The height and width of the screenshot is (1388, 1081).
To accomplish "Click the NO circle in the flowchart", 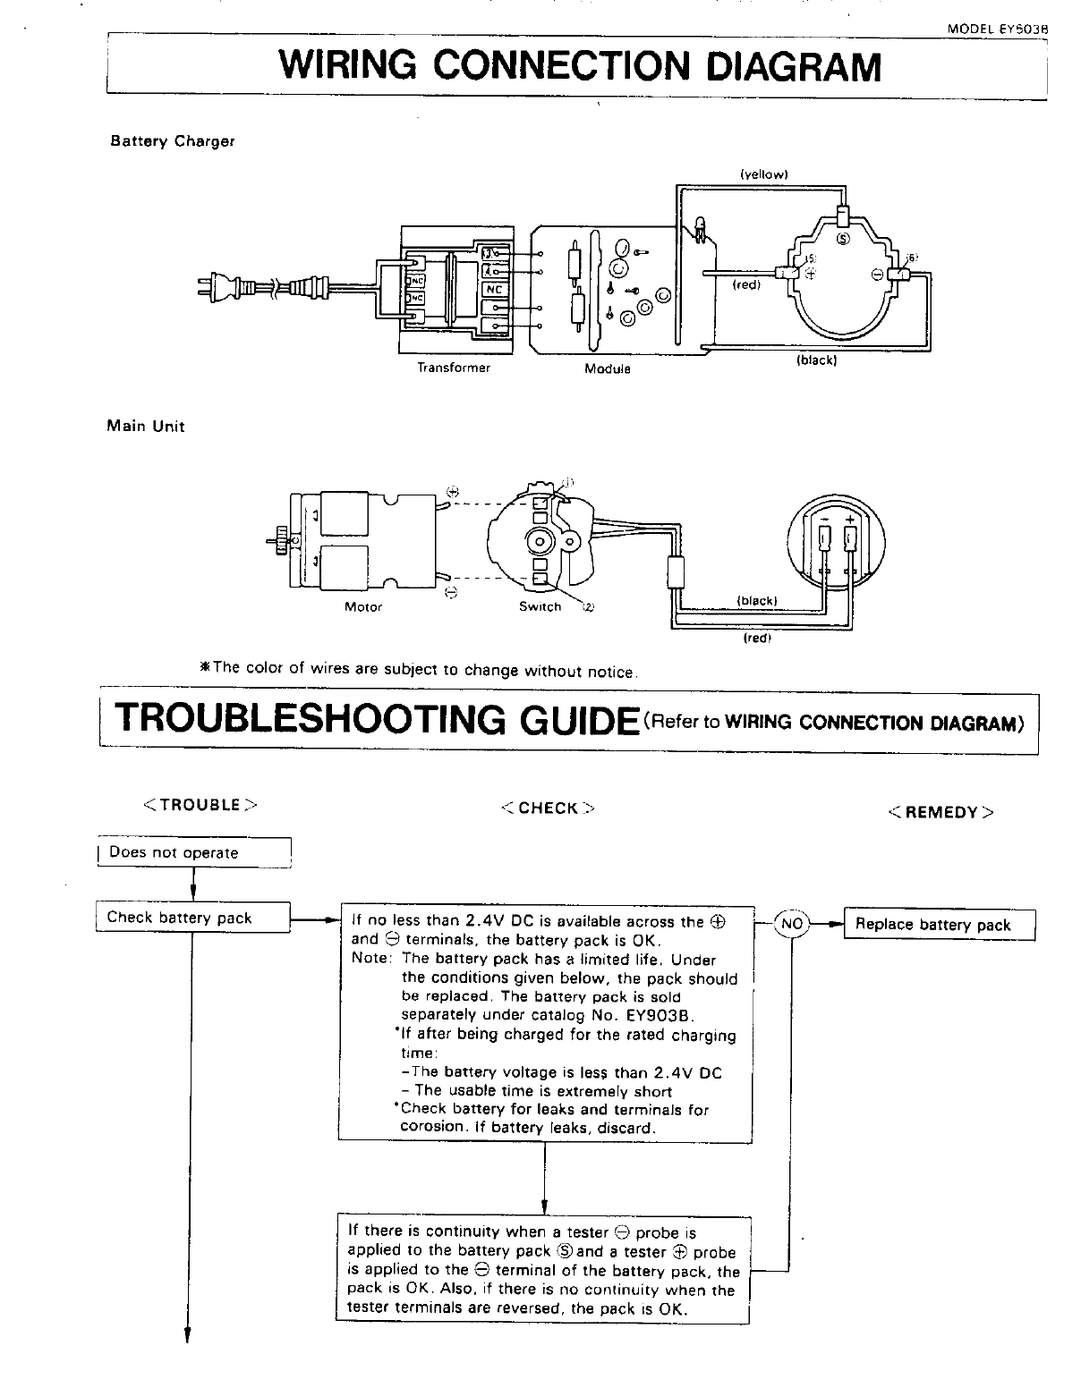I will click(792, 923).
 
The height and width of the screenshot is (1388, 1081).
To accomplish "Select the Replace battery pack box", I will click(939, 925).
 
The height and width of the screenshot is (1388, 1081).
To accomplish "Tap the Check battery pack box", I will click(192, 918).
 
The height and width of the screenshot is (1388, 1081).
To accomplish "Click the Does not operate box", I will click(193, 852).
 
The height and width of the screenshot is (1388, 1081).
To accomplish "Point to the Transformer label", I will click(454, 368).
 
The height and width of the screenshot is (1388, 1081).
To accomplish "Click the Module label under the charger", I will click(607, 368).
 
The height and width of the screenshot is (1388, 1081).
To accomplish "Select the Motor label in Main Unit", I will click(363, 607).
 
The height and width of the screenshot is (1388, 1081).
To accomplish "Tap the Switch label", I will click(540, 607).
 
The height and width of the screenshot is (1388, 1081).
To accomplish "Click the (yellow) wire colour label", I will click(763, 174).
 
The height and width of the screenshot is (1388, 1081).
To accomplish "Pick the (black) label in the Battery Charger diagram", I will click(816, 360).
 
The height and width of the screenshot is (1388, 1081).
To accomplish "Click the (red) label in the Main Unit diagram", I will click(757, 639).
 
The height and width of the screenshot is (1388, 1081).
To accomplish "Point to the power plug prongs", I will click(203, 286).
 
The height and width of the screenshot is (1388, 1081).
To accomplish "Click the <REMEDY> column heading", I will click(941, 812).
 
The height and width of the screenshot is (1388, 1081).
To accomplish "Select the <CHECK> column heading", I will click(548, 808).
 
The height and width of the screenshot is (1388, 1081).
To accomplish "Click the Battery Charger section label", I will click(172, 141).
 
